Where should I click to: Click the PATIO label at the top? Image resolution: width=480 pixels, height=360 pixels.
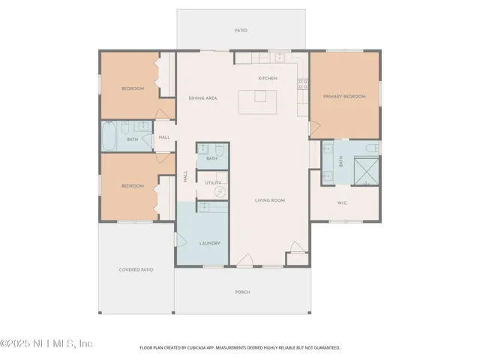[241, 31]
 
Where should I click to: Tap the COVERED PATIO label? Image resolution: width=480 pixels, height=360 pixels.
[136, 269]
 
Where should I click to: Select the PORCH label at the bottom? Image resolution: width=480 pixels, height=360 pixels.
[242, 292]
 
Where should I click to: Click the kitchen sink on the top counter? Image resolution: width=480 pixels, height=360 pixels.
[278, 57]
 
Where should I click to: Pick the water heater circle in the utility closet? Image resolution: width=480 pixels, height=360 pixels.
[220, 191]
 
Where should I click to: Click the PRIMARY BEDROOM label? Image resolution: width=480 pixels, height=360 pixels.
[343, 97]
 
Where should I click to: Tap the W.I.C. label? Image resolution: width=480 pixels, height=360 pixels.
[341, 202]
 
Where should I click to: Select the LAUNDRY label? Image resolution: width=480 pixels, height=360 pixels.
[208, 244]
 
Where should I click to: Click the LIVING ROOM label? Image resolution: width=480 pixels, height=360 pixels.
[270, 200]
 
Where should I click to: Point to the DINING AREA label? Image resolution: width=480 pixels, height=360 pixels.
[202, 98]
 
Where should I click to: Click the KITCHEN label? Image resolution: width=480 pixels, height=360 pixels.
[268, 78]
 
